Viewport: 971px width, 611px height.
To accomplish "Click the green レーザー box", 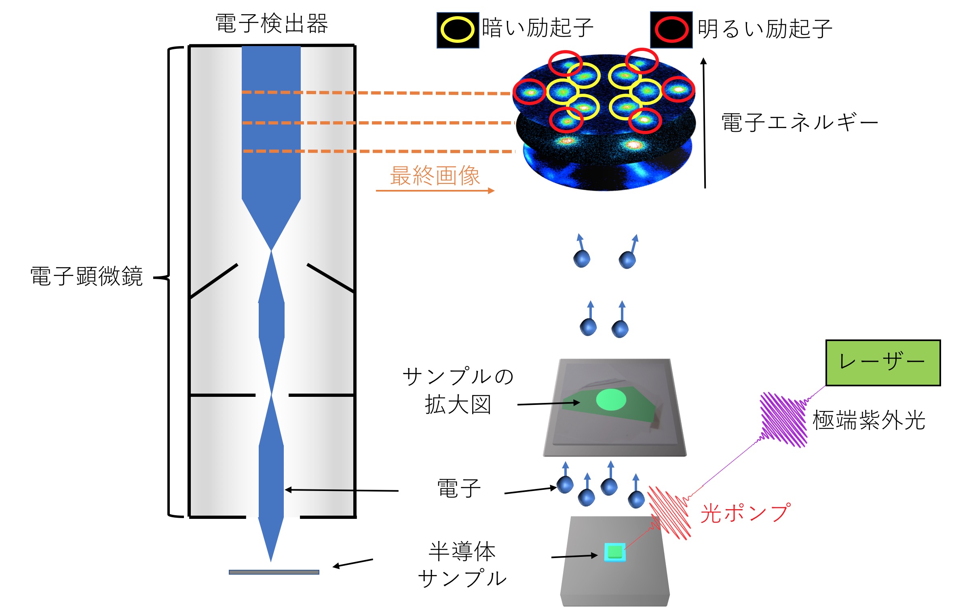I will (x=883, y=362).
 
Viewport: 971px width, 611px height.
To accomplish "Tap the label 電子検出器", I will (x=271, y=23).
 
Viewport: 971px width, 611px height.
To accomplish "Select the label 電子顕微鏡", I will (x=87, y=276).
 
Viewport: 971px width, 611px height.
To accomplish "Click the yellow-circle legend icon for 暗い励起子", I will (x=457, y=30).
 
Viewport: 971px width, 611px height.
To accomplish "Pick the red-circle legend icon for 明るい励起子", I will (x=671, y=30).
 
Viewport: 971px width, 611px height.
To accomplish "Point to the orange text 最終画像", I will (x=435, y=176).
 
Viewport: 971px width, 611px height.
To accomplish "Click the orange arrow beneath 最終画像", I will (x=435, y=190).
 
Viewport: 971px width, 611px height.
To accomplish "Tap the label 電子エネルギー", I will (x=800, y=122).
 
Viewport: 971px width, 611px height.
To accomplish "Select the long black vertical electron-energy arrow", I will (x=704, y=123).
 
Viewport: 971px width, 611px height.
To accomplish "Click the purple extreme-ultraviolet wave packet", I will (x=783, y=419).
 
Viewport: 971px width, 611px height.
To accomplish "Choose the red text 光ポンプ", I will (x=745, y=513).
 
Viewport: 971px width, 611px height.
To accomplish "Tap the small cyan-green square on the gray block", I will (x=614, y=552).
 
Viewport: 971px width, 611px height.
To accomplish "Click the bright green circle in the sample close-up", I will (x=611, y=399).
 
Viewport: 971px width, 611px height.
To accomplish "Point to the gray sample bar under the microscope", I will (x=274, y=572).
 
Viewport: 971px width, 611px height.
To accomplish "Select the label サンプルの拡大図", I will (x=458, y=390).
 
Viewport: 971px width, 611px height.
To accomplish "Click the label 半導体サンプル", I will (x=462, y=565).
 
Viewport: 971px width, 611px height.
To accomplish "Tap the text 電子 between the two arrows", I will (x=459, y=488).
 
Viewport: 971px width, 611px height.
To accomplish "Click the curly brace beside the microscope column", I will (x=170, y=279).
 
